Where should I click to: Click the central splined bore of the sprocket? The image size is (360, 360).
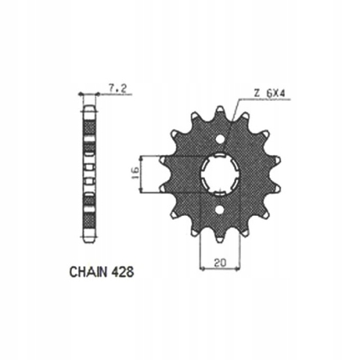219,171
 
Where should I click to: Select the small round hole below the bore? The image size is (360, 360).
219,210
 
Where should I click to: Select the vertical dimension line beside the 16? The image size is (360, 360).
142,172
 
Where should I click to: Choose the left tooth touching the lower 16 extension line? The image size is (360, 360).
165,190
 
